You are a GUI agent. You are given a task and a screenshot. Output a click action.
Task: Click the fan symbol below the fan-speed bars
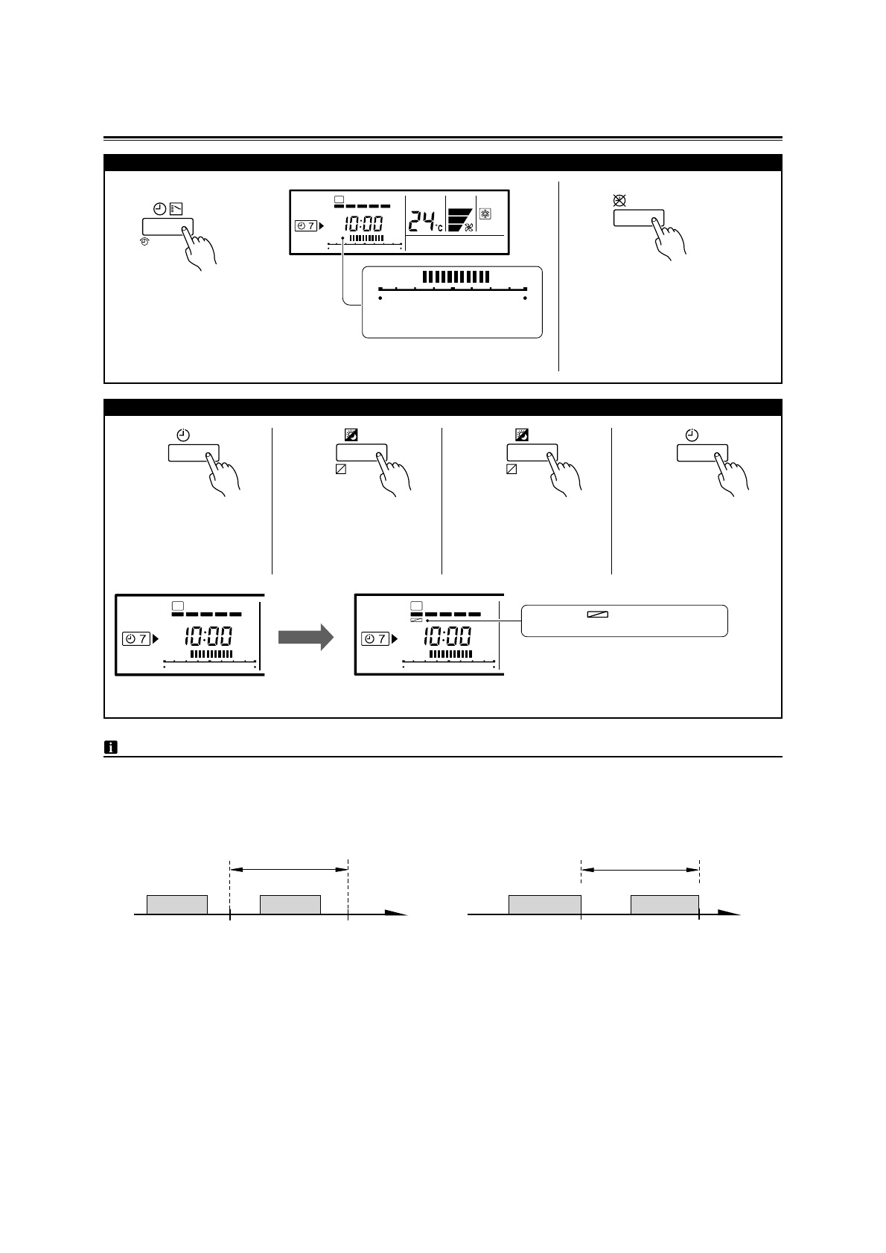tap(469, 228)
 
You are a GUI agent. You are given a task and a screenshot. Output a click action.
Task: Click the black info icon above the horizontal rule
tap(110, 748)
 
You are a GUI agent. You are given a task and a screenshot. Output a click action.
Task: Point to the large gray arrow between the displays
tap(306, 637)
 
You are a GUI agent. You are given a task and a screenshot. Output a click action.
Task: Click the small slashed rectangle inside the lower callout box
tap(597, 615)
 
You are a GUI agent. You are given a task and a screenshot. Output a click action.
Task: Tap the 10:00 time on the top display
tap(363, 223)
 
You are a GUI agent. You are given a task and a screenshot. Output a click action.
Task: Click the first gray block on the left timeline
tap(177, 904)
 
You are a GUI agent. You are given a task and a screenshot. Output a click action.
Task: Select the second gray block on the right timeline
tap(664, 904)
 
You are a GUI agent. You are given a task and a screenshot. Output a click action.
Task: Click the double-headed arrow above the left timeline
tap(289, 868)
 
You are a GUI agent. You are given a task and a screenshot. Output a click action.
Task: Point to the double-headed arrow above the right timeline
tap(640, 868)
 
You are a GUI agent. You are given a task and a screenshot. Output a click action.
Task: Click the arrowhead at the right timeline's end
tap(730, 913)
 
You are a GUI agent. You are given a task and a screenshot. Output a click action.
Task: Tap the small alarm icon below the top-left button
tap(144, 241)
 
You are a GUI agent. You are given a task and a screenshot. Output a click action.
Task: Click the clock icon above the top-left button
tap(159, 209)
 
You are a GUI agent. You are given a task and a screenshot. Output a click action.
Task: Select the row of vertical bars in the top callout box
tap(456, 277)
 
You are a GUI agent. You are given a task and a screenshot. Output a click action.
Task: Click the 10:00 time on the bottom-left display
tap(208, 637)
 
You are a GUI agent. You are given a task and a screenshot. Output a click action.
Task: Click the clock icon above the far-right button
tap(692, 435)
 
